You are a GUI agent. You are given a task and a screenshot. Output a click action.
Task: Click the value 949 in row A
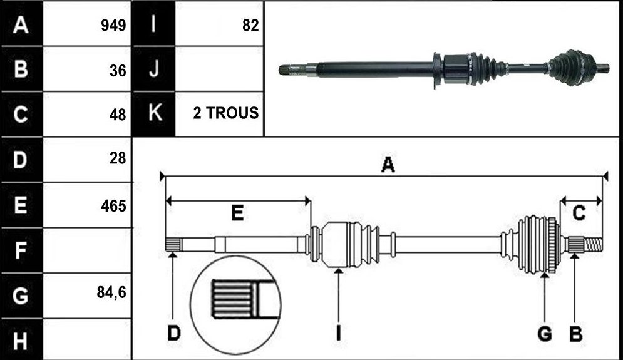[x=113, y=26]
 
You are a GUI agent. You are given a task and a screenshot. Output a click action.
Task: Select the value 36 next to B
[x=118, y=71]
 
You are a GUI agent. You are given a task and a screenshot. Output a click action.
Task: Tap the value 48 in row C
[x=118, y=115]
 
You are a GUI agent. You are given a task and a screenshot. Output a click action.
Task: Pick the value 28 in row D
[x=118, y=158]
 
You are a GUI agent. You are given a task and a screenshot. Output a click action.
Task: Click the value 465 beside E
[x=113, y=206]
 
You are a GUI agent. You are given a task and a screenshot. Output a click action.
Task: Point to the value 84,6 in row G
[x=111, y=292]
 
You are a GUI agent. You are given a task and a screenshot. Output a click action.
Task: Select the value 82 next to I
[x=250, y=26]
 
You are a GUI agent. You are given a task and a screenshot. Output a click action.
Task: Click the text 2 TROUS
[x=225, y=113]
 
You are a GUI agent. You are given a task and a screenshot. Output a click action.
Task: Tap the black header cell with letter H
[x=21, y=340]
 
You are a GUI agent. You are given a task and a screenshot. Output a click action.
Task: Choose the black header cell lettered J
[x=153, y=69]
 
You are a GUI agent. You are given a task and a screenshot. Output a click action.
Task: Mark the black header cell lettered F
[x=21, y=250]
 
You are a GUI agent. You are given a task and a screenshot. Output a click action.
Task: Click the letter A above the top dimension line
[x=388, y=164]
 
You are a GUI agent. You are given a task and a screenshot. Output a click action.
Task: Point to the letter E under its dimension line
[x=237, y=213]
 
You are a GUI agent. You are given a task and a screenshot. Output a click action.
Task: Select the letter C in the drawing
[x=579, y=213]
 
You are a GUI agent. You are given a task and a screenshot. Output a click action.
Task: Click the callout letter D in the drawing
[x=174, y=333]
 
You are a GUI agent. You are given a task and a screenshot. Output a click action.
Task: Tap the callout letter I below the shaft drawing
[x=339, y=333]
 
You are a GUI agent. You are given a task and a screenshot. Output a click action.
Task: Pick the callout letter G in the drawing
[x=545, y=334]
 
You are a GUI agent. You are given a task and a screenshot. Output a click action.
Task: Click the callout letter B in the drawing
[x=575, y=334]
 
